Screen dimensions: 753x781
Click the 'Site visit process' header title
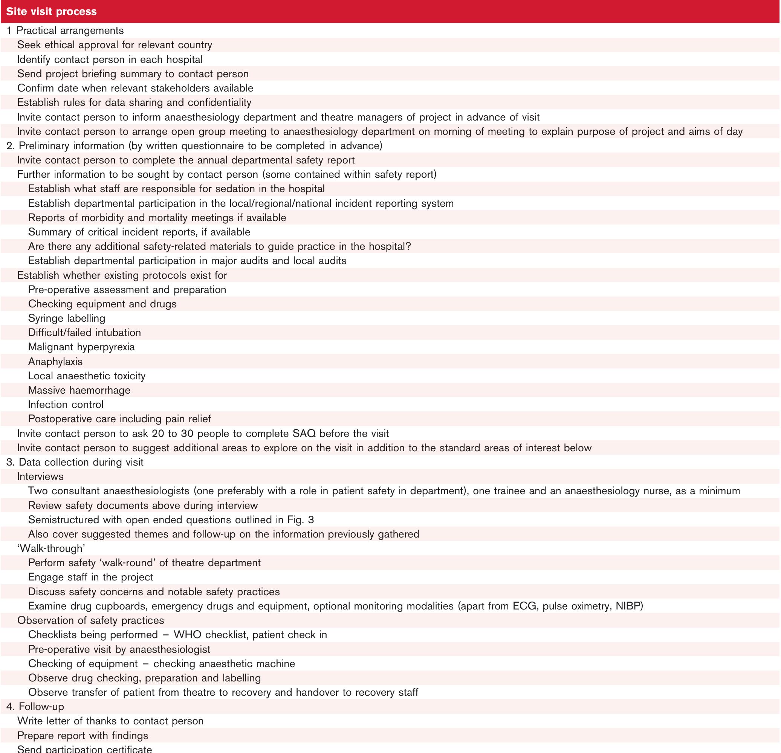coord(51,11)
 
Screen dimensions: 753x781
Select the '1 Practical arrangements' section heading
coord(65,31)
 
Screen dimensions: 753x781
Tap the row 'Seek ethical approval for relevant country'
coord(115,45)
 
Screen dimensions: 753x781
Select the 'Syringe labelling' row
coord(67,318)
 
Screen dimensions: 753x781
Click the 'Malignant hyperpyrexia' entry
coord(81,347)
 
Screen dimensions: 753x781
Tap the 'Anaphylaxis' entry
coord(55,362)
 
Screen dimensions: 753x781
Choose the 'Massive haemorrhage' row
coord(79,391)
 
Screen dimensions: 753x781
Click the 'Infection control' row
coord(66,405)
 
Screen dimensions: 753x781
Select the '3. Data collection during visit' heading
coord(75,462)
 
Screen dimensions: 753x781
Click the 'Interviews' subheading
coord(40,477)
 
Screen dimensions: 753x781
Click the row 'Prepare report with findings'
coord(83,735)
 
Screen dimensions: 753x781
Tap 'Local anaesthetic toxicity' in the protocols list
coord(87,376)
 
